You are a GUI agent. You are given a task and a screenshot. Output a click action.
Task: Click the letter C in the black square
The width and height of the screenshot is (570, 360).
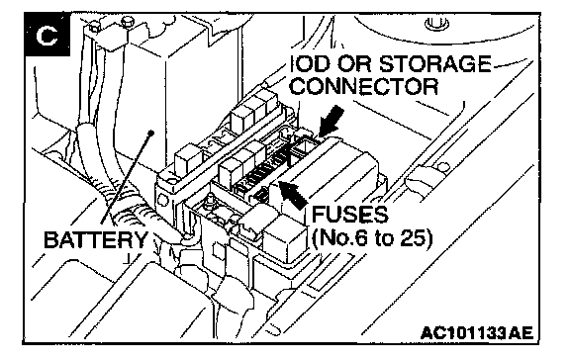[47, 36]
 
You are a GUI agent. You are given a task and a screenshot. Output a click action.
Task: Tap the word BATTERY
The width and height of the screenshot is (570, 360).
[96, 239]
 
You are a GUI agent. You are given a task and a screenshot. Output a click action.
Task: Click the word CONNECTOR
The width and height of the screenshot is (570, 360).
[364, 86]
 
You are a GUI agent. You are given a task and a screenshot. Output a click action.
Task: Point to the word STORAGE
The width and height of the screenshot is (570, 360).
[434, 64]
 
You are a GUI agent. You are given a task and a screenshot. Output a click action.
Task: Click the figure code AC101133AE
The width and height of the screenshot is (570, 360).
[477, 332]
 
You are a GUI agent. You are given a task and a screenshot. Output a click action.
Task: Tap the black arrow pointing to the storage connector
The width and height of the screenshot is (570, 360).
[332, 121]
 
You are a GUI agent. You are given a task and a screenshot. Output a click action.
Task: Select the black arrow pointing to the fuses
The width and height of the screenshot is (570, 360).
[293, 195]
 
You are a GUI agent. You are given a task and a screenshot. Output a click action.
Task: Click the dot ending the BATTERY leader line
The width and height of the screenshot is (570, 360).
[150, 133]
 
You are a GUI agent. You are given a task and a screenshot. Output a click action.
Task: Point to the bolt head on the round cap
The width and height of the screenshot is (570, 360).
[436, 24]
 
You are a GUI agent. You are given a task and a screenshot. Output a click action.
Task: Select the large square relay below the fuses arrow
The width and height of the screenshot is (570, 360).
[284, 238]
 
